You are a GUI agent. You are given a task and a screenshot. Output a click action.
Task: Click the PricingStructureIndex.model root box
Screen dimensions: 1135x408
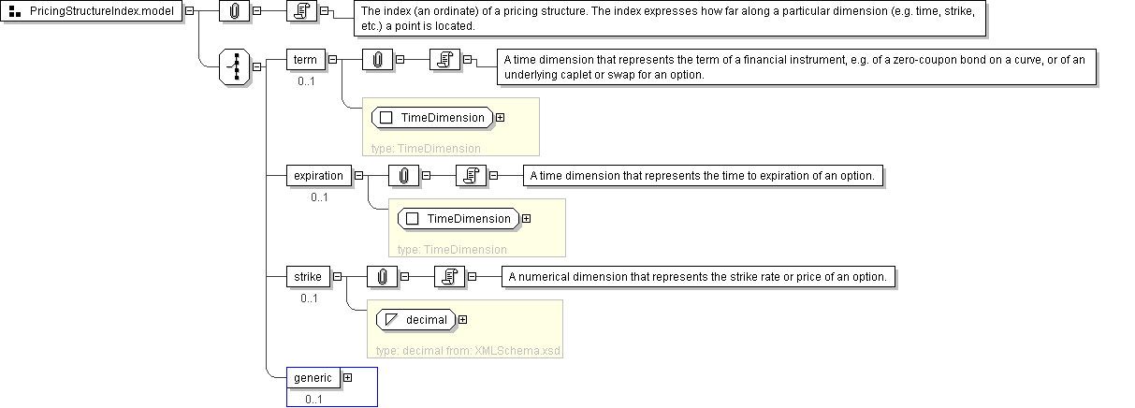click(92, 10)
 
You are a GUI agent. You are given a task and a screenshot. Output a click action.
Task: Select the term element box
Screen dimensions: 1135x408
click(305, 60)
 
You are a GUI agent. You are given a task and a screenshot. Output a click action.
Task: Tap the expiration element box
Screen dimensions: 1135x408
click(319, 176)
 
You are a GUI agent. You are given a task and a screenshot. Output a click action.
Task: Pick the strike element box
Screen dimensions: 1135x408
click(308, 277)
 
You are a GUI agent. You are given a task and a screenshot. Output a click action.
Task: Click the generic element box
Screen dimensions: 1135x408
click(313, 378)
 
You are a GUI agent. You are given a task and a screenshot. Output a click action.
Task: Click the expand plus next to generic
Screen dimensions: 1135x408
click(347, 378)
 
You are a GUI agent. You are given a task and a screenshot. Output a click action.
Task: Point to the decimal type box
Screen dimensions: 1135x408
click(416, 320)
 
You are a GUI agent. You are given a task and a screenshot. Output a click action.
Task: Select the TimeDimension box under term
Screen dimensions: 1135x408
click(432, 118)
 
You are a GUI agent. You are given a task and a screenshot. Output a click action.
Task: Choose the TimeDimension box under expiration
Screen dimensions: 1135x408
click(458, 218)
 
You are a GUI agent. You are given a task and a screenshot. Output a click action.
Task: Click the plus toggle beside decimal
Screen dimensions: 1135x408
click(462, 320)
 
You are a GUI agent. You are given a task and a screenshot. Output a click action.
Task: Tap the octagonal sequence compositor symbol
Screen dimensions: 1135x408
click(235, 66)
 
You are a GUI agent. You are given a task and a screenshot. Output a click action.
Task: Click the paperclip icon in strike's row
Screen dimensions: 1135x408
click(382, 277)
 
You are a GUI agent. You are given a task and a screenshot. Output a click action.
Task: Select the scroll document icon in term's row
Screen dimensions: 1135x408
click(444, 60)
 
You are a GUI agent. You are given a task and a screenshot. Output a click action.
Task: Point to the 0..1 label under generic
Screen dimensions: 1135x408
click(313, 400)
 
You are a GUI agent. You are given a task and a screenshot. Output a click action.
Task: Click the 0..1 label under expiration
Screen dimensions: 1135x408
click(319, 197)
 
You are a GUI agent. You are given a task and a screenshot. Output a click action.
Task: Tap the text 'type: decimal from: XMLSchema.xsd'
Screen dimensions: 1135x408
click(468, 351)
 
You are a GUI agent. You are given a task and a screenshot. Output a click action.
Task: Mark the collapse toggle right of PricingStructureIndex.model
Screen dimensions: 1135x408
click(190, 10)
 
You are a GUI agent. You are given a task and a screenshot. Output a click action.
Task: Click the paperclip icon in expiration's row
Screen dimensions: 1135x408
click(404, 176)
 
